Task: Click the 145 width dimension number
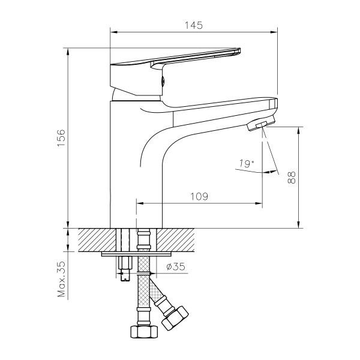(x=194, y=25)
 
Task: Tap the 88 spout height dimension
(x=291, y=177)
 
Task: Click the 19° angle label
(x=246, y=163)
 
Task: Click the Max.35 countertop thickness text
(x=61, y=280)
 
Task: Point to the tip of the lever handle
(x=241, y=51)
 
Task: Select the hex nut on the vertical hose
(x=143, y=331)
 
